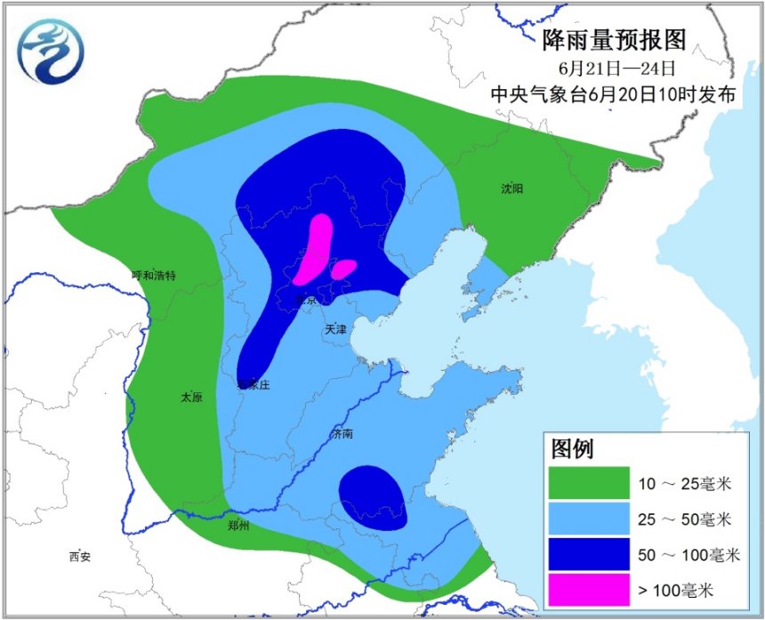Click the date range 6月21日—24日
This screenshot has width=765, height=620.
tap(616, 67)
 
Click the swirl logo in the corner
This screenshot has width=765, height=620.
tap(51, 51)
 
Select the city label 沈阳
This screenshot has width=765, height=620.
tap(512, 189)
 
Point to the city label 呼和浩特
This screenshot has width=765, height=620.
tap(153, 276)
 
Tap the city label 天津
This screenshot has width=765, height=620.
tap(335, 329)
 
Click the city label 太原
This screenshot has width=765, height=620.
tap(191, 398)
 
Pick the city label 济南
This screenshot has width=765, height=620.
tap(342, 434)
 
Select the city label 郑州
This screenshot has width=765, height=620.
tap(238, 526)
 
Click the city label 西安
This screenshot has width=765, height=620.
tap(79, 558)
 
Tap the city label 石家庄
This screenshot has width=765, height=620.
tap(254, 385)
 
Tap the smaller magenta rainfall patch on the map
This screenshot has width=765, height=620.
tap(344, 268)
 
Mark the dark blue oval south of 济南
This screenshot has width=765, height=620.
tap(372, 497)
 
